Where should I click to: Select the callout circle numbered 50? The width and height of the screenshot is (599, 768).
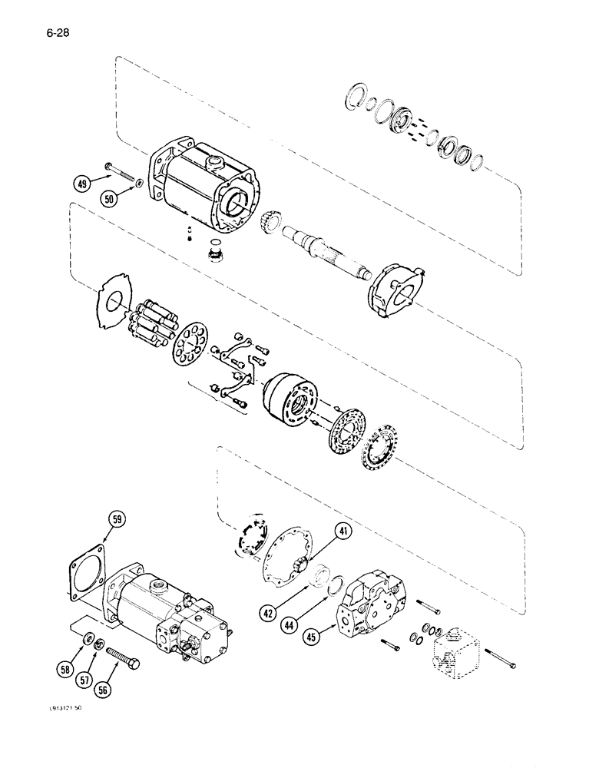(111, 198)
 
